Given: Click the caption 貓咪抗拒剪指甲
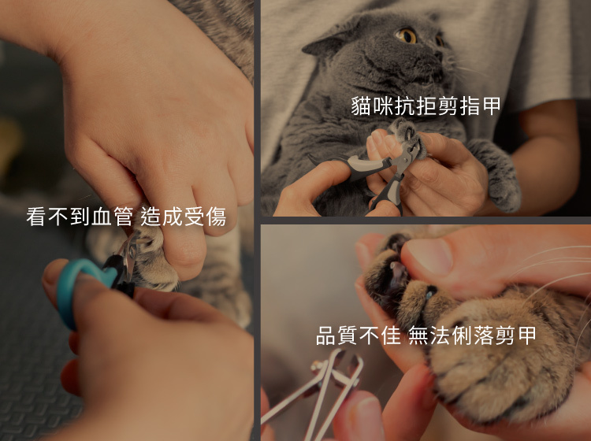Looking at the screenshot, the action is click(426, 106).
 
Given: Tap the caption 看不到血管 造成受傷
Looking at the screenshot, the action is click(126, 217).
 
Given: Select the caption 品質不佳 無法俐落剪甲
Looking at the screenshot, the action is click(426, 335).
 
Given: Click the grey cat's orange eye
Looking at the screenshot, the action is click(406, 35).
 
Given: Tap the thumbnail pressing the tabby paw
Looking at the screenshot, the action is click(429, 256).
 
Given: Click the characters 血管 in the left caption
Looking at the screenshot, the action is click(113, 217).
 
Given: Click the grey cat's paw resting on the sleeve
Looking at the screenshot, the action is click(498, 177).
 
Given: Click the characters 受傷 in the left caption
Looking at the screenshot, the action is click(206, 217).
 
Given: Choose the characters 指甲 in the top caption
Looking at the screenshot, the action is click(480, 106).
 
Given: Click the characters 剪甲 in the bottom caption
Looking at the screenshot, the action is click(515, 335).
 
